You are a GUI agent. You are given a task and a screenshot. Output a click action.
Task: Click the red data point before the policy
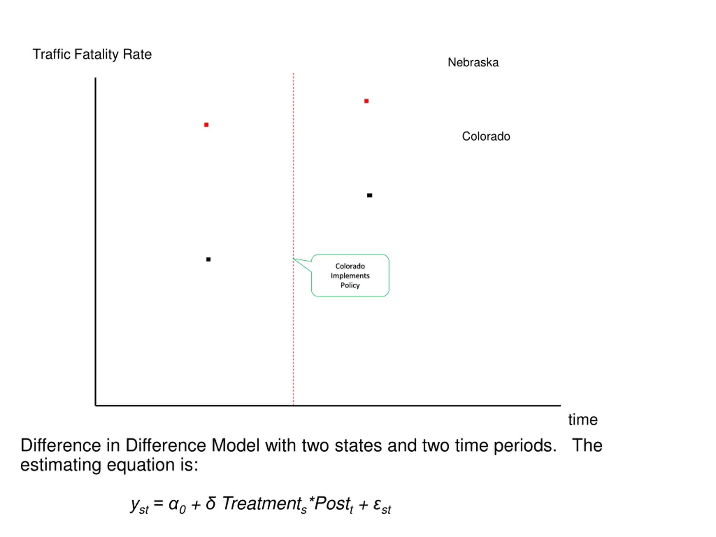[x=206, y=125]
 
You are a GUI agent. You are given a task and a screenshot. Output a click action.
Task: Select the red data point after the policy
[x=366, y=101]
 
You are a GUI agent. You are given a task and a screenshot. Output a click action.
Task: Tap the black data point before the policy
[x=208, y=259]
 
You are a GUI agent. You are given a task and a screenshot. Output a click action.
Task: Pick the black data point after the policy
[x=370, y=195]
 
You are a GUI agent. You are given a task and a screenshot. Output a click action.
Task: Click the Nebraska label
[x=473, y=62]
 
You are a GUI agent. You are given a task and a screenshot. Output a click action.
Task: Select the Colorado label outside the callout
[x=486, y=136]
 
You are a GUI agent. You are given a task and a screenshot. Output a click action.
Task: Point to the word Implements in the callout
[x=350, y=276]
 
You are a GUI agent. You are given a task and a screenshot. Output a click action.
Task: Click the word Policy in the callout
[x=350, y=285]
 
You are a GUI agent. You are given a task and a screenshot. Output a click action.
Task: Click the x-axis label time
[x=583, y=420]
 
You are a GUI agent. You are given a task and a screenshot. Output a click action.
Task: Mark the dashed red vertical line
[x=293, y=239]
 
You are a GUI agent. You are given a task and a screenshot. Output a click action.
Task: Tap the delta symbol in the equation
[x=211, y=503]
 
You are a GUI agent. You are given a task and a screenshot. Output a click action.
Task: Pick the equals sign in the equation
[x=158, y=504]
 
